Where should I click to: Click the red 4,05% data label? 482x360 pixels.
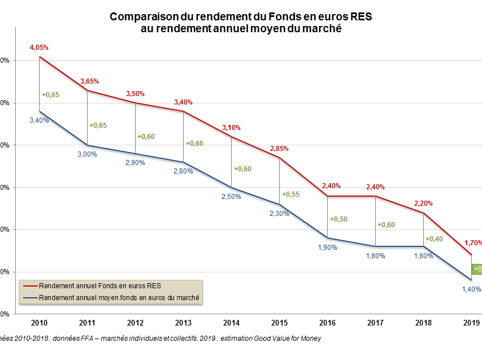[x=39, y=48]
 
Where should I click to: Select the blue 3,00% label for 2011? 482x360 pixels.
[x=87, y=154]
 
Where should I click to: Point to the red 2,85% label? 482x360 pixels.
[x=279, y=149]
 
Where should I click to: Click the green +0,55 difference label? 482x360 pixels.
[x=290, y=193]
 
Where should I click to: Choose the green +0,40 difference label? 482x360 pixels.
[x=434, y=238]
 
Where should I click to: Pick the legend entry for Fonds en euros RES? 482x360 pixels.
[x=100, y=285]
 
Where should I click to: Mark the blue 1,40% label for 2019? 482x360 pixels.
[x=471, y=289]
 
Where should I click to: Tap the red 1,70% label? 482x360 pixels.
[x=474, y=243]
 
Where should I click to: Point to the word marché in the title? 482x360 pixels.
[x=322, y=29]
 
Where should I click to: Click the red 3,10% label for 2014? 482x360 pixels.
[x=231, y=128]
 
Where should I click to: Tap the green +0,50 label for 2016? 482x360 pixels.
[x=338, y=219]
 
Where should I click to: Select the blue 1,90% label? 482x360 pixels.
[x=327, y=247]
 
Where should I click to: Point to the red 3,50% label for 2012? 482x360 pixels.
[x=135, y=94]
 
